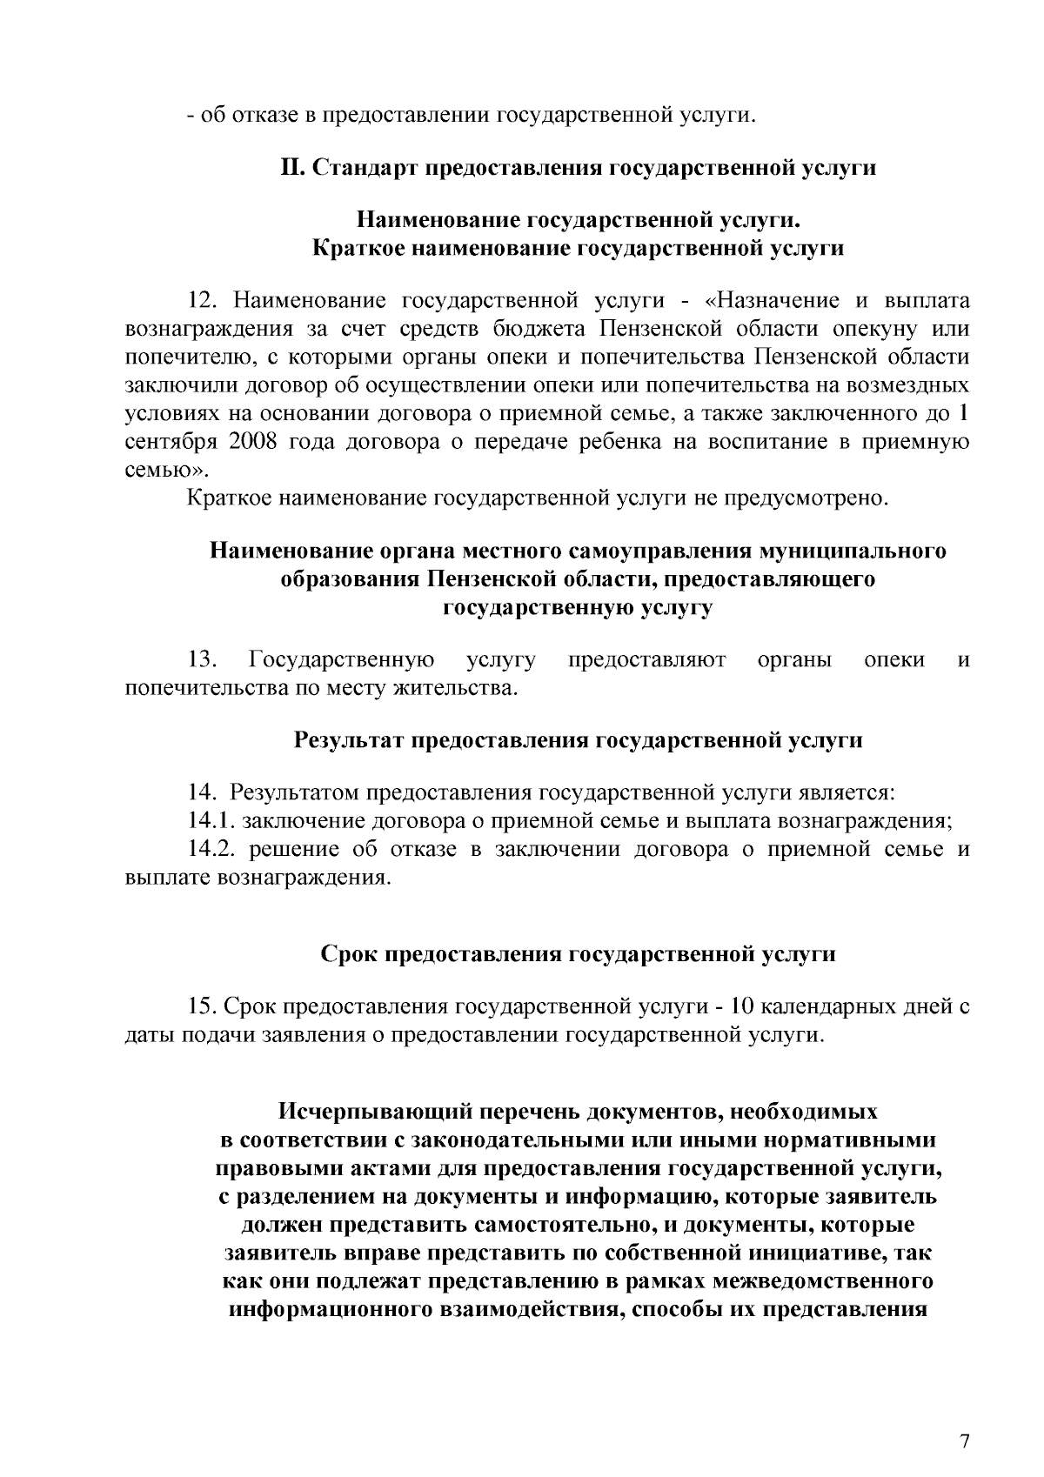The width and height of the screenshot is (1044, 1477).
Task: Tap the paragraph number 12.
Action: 206,301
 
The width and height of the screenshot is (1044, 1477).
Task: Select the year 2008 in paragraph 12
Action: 253,442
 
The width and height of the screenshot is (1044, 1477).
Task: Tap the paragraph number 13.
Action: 204,659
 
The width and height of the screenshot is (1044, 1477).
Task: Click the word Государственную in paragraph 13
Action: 342,659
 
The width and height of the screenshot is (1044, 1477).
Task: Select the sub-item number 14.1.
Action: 211,820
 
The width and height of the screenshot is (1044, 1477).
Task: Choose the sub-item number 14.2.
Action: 211,849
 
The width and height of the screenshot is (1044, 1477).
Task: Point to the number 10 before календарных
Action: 745,1006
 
